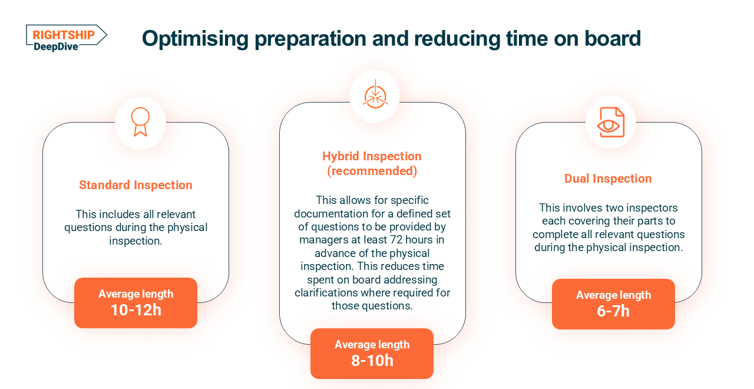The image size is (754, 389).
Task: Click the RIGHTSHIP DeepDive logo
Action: [x=66, y=38]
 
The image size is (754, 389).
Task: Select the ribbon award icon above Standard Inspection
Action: [x=140, y=122]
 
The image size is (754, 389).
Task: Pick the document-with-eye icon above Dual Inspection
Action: [x=611, y=122]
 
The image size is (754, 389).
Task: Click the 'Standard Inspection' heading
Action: [x=135, y=185]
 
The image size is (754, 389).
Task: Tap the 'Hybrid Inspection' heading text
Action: [x=372, y=156]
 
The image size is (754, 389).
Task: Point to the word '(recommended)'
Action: [x=372, y=171]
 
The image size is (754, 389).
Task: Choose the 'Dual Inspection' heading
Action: [x=608, y=179]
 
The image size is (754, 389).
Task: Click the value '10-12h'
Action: [x=135, y=310]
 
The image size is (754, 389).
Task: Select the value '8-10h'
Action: [x=372, y=361]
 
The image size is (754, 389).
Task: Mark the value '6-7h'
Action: [x=613, y=311]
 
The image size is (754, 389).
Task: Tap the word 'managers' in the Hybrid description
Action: [x=322, y=239]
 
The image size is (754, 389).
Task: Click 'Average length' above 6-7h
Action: [x=613, y=295]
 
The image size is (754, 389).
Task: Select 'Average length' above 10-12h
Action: [x=135, y=294]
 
